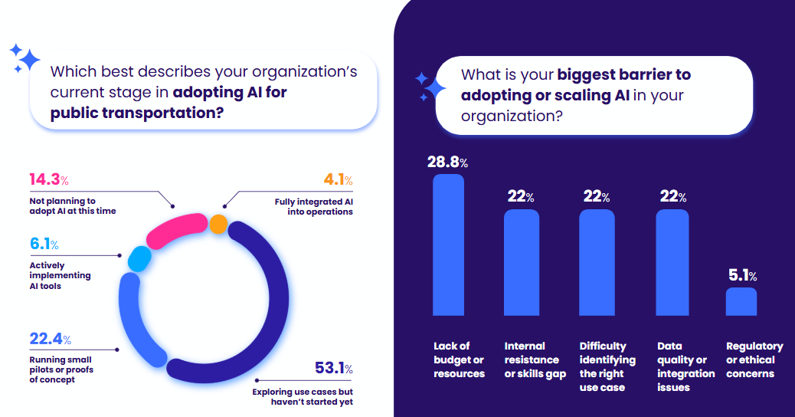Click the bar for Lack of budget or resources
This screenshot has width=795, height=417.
pos(448,245)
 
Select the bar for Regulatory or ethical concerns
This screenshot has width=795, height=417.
pos(741,302)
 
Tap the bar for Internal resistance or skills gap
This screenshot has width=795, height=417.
pos(521,263)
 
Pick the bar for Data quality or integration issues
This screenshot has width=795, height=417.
pos(672,263)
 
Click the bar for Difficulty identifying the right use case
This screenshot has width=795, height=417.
pos(597,263)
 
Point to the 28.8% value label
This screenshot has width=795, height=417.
pos(447,162)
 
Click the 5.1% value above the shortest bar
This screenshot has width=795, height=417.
pos(741,276)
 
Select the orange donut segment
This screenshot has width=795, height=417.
pos(218,225)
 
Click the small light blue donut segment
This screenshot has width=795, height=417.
pos(139,259)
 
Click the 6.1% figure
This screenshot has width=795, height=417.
pos(44,245)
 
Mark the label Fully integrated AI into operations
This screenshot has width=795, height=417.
pos(314,207)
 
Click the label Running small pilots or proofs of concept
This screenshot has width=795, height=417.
pos(61,369)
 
